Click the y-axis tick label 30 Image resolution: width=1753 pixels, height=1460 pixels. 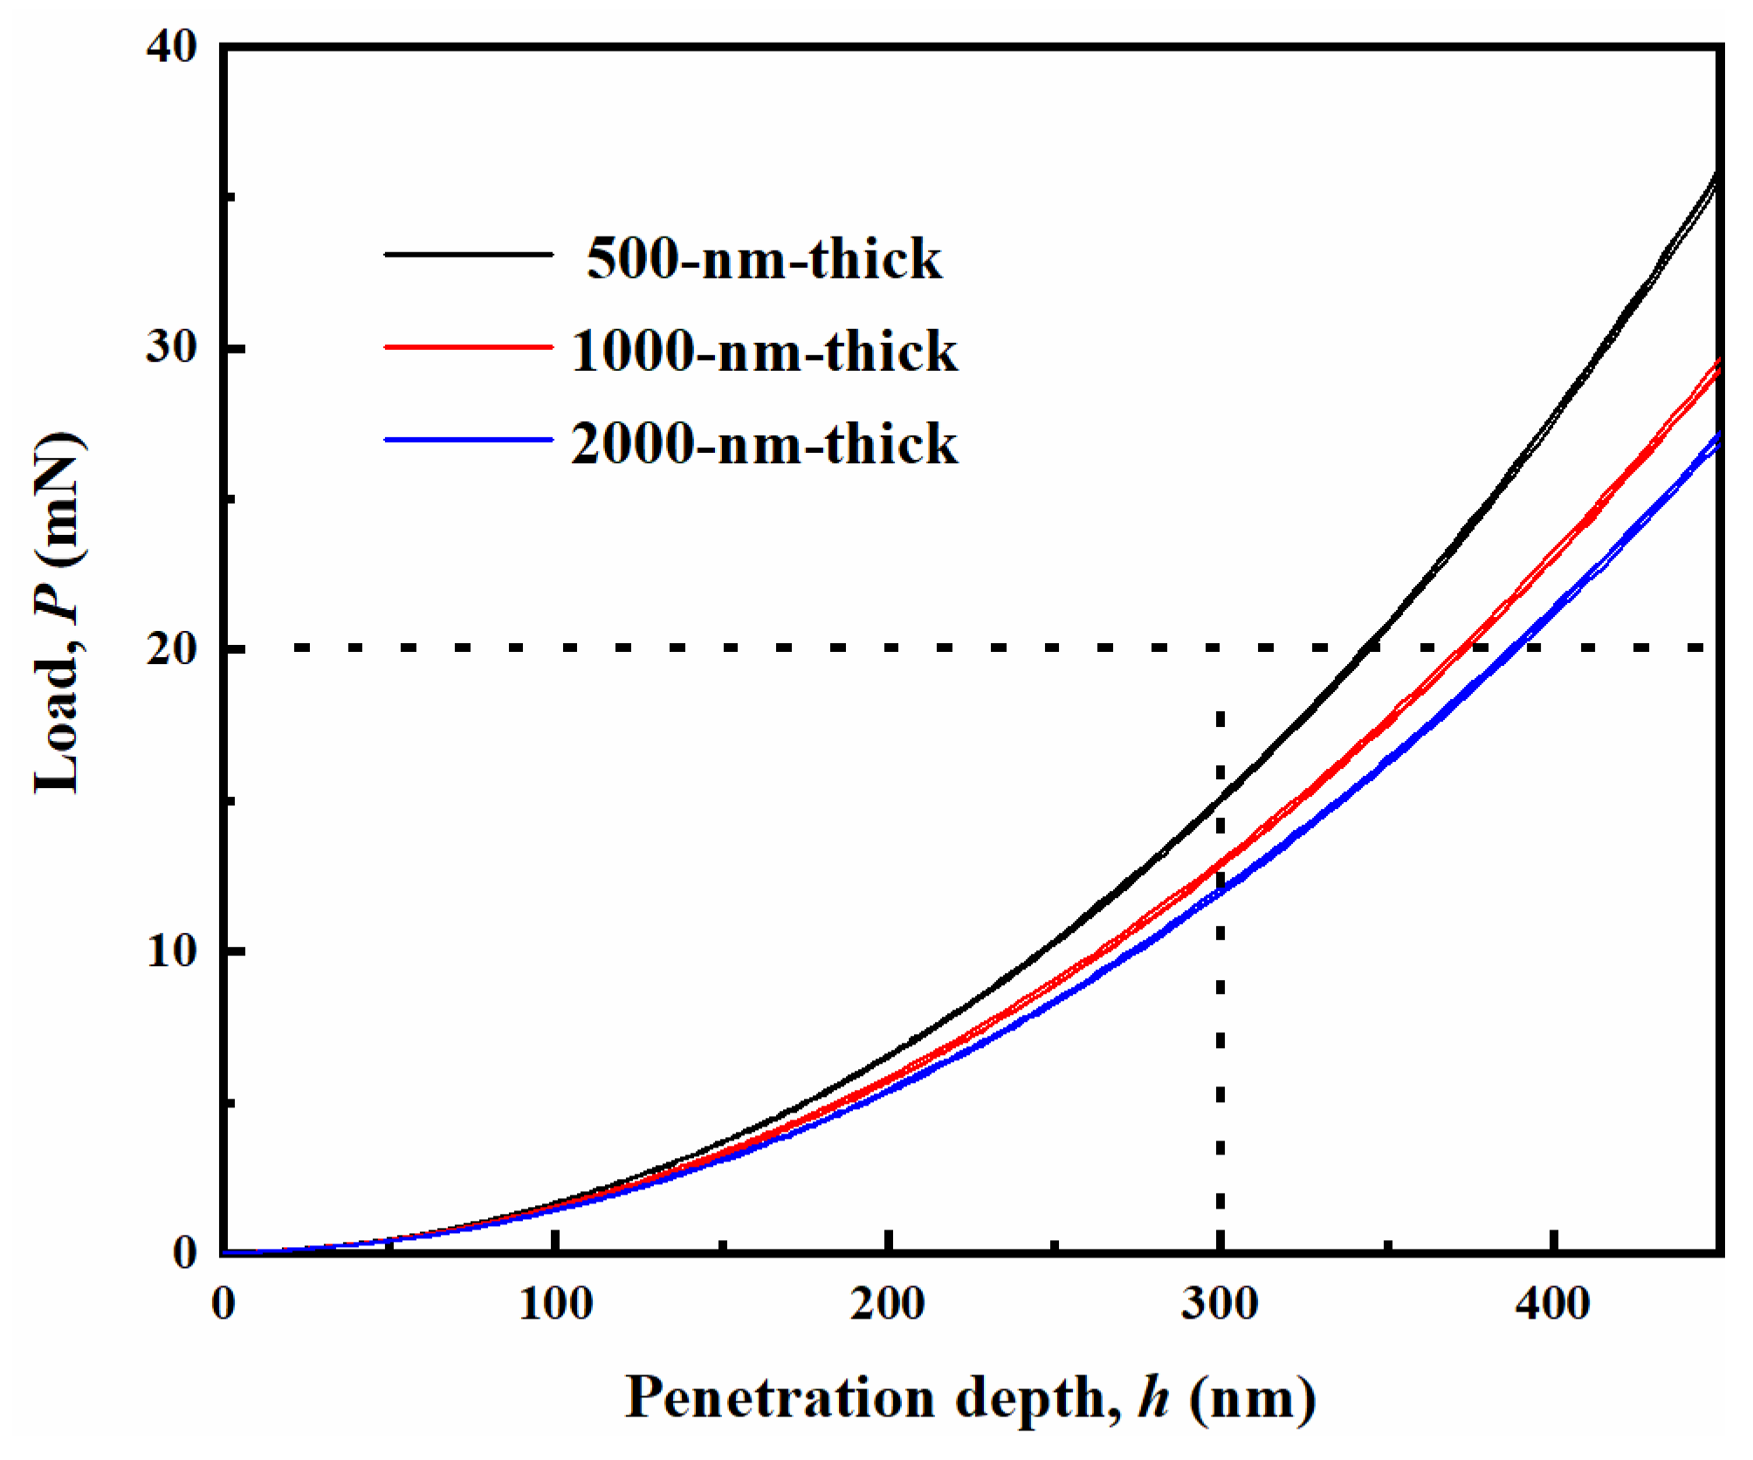point(172,347)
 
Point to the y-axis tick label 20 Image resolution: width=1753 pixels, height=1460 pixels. point(172,648)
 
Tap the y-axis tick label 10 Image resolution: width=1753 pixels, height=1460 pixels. point(172,949)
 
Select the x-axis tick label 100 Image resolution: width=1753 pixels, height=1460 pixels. point(556,1305)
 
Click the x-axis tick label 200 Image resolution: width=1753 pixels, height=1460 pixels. point(888,1305)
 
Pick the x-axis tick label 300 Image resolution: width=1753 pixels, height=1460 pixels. point(1220,1305)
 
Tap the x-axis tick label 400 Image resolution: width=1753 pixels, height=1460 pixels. point(1553,1305)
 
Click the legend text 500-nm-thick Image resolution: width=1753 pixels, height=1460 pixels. point(764,259)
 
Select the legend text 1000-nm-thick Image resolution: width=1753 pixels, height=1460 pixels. point(764,352)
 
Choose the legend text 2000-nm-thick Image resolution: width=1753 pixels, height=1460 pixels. point(764,443)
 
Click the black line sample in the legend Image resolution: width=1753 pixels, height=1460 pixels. point(469,254)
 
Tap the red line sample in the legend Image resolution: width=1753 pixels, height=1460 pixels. point(469,346)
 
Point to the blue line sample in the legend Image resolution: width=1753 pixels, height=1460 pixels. point(469,439)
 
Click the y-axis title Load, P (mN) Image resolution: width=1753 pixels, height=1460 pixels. point(58,611)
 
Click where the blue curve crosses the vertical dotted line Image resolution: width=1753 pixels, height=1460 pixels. point(1220,891)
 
